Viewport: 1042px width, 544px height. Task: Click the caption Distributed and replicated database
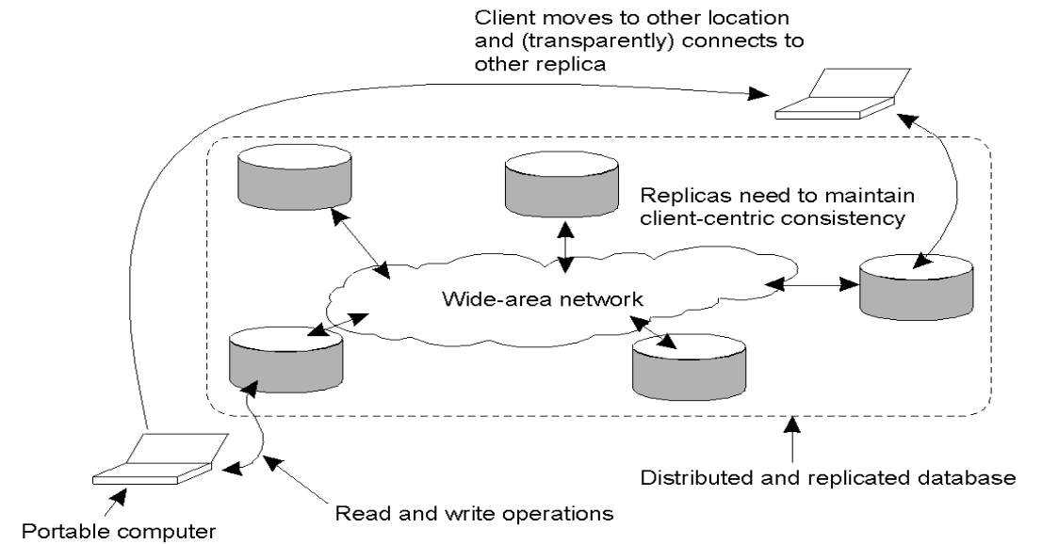click(x=828, y=478)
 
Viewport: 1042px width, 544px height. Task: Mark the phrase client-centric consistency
click(x=773, y=220)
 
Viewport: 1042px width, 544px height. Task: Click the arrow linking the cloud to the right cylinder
click(x=814, y=280)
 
